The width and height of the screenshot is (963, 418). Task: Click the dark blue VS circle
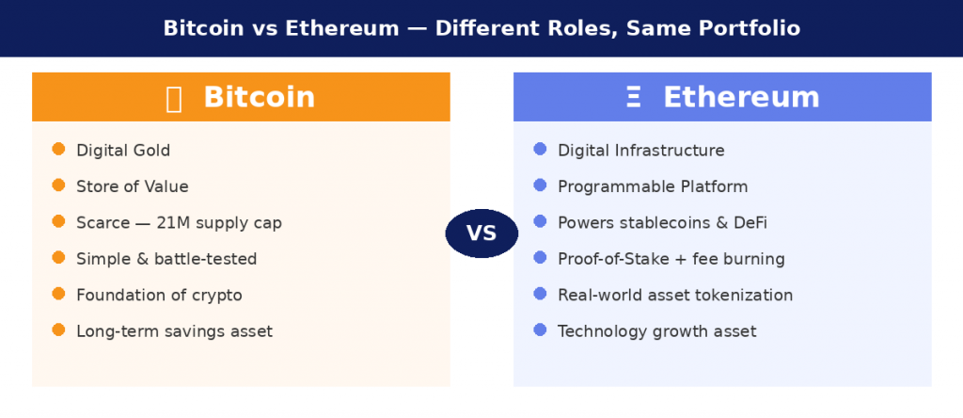[x=481, y=233]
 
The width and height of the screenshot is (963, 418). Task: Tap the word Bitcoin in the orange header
[x=259, y=97]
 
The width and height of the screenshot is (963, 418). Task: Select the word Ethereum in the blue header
[x=741, y=97]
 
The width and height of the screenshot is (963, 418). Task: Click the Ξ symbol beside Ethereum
[x=634, y=97]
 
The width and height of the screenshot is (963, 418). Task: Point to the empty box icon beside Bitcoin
[x=174, y=98]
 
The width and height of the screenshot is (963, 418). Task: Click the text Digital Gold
[x=123, y=151]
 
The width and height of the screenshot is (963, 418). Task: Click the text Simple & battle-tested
[x=166, y=259]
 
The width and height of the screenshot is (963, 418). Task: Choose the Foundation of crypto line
[x=159, y=295]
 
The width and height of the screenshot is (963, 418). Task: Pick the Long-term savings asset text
[x=174, y=331]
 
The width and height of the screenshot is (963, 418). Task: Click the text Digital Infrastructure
[x=640, y=151]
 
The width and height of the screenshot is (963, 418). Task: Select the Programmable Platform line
[x=653, y=186]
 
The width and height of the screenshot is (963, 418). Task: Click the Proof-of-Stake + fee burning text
[x=671, y=259]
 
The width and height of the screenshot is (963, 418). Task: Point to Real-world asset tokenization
[x=675, y=295]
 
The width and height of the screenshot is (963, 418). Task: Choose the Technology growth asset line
[x=656, y=331]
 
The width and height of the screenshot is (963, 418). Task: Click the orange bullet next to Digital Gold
[x=58, y=150]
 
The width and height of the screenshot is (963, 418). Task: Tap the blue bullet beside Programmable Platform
[x=540, y=185]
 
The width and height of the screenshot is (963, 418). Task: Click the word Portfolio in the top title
[x=752, y=28]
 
